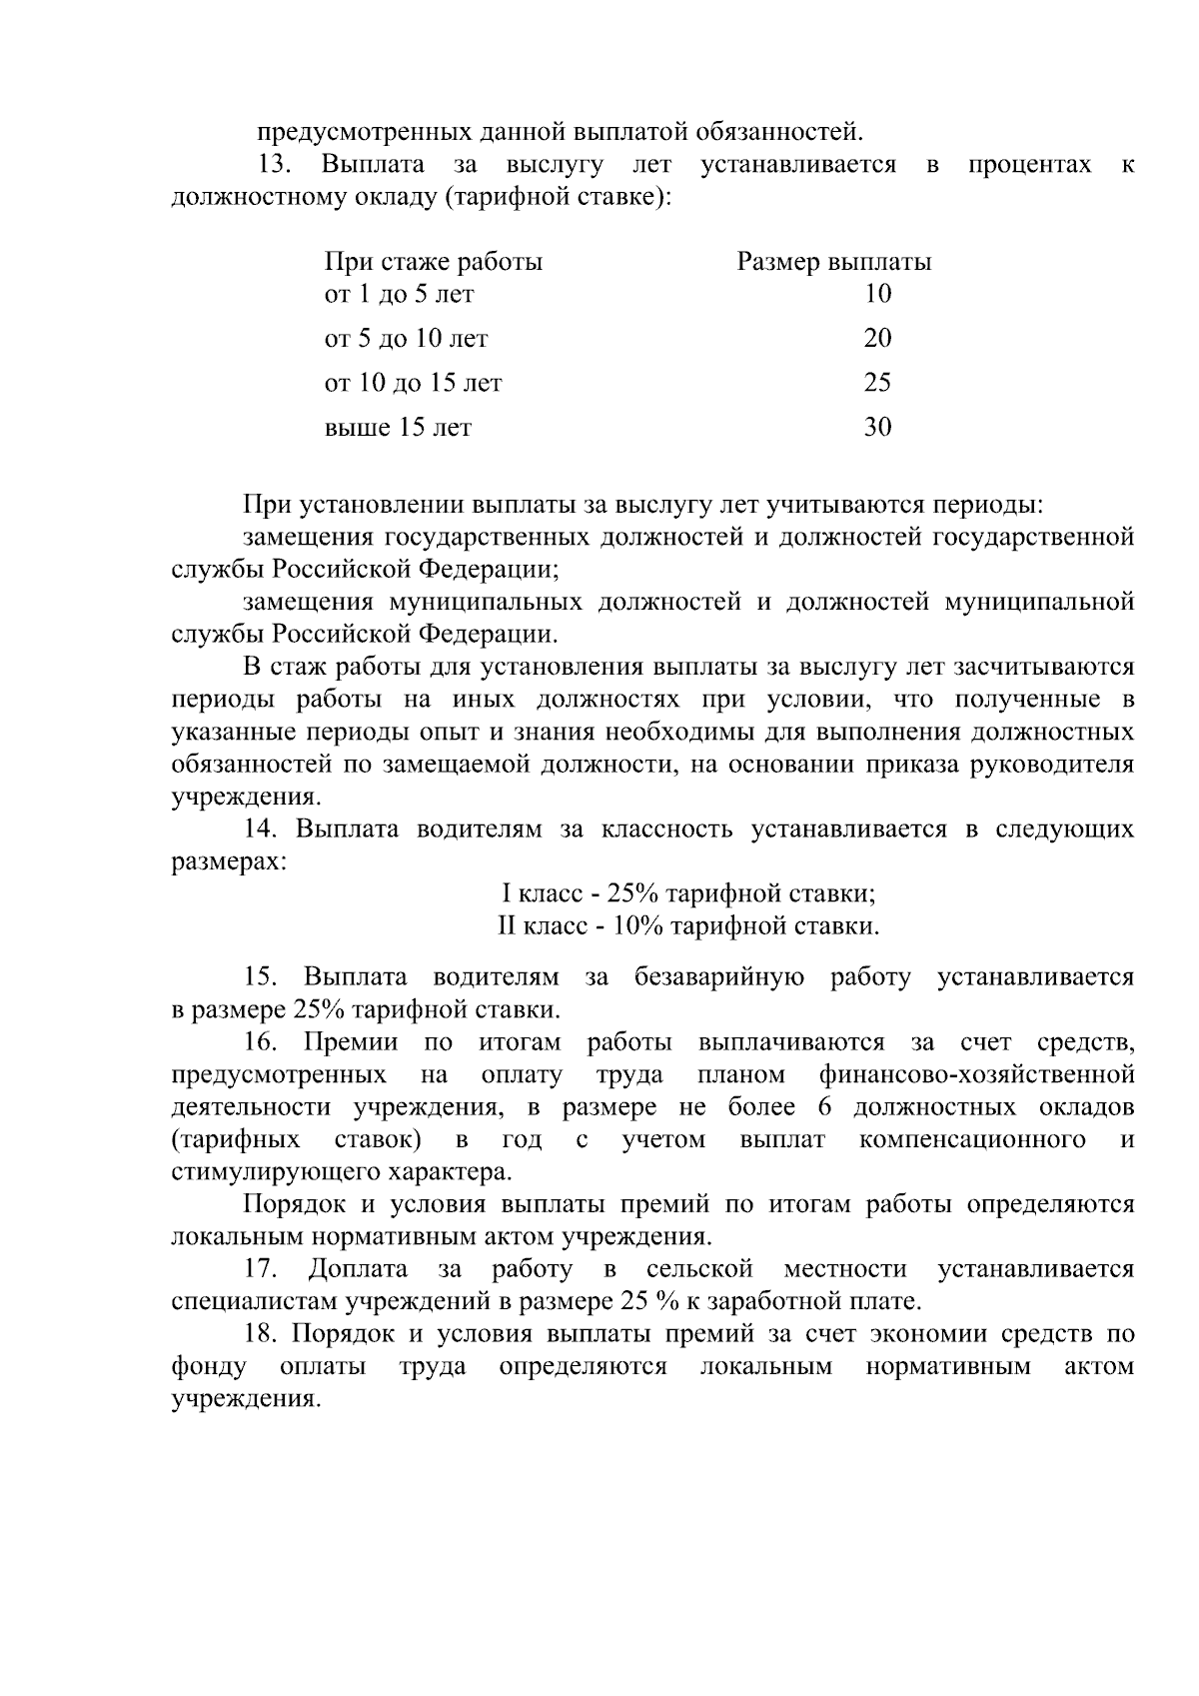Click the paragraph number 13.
[x=273, y=164]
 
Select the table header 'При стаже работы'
[x=434, y=262]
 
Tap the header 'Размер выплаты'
[x=834, y=262]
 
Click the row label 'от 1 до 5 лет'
[x=400, y=294]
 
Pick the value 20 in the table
[x=877, y=339]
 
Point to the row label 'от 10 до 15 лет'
[x=414, y=383]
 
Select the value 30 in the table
[x=877, y=428]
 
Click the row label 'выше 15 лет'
[x=398, y=428]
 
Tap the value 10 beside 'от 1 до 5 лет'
[x=877, y=294]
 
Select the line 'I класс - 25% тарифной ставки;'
[x=688, y=893]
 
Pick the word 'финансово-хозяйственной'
[x=976, y=1075]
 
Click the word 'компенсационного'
[x=972, y=1139]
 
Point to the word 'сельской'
[x=699, y=1269]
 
